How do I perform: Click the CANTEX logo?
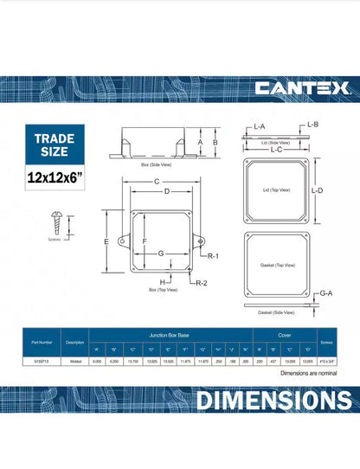click(301, 88)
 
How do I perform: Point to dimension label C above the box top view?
click(156, 181)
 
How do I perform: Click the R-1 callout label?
click(213, 257)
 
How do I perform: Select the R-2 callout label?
click(201, 283)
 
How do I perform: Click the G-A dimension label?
click(325, 294)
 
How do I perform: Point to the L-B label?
click(313, 125)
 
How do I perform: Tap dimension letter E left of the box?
click(104, 241)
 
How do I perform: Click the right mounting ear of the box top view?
click(201, 241)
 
